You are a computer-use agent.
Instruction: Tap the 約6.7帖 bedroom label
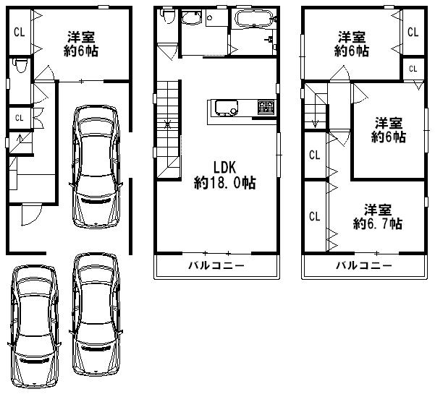point(373,216)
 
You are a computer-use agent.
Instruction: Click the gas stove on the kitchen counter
point(264,108)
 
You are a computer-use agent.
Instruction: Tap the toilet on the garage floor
point(20,67)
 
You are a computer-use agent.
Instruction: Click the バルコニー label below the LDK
point(216,265)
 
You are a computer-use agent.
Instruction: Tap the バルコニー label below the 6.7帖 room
point(363,265)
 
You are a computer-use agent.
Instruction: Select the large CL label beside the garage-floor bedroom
point(19,32)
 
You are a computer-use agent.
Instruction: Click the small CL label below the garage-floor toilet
point(19,117)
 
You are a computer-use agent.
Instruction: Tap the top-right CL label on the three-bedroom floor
point(412,33)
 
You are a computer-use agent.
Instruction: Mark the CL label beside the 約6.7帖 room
point(314,216)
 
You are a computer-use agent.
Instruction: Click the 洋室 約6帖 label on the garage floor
point(83,44)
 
